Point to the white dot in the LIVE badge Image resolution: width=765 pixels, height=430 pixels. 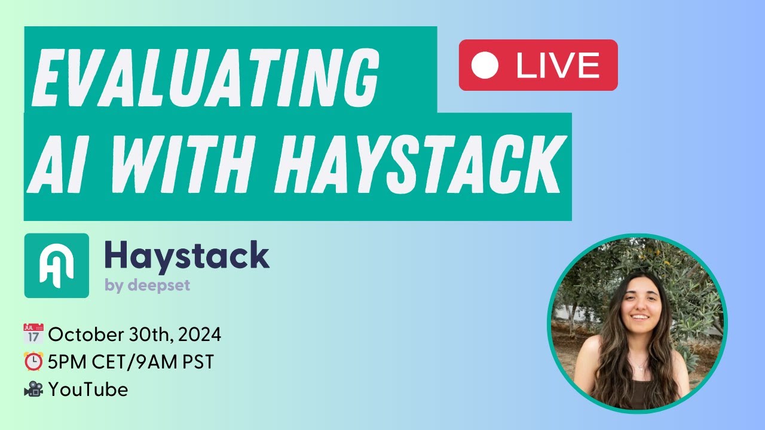pyautogui.click(x=485, y=66)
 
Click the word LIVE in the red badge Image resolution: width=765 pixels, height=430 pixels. pyautogui.click(x=558, y=66)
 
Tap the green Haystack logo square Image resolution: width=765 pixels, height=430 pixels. pyautogui.click(x=57, y=266)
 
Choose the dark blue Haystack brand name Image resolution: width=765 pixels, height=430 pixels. pyautogui.click(x=186, y=256)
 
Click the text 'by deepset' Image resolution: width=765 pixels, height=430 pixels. pyautogui.click(x=147, y=285)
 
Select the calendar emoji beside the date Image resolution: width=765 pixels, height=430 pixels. pyautogui.click(x=33, y=334)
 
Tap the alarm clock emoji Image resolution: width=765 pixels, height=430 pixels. pyautogui.click(x=33, y=362)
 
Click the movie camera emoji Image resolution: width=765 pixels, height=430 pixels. pyautogui.click(x=33, y=390)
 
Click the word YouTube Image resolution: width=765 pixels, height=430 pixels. pyautogui.click(x=88, y=390)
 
